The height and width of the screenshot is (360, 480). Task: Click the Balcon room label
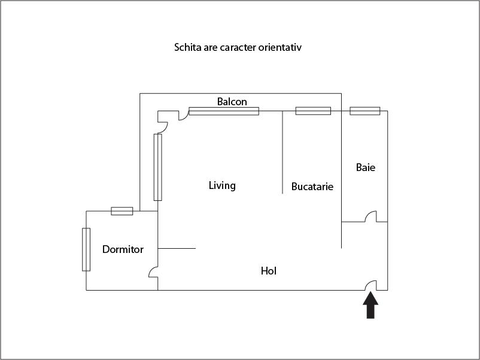coord(232,102)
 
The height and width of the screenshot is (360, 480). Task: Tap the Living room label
coord(222,185)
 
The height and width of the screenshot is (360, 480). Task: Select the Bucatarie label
coord(312,187)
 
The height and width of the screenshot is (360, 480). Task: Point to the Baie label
coord(366,167)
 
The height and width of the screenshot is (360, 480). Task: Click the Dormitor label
coord(123,249)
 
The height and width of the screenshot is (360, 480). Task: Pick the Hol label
coord(269,271)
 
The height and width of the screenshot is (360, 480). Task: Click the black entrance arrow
coord(371,305)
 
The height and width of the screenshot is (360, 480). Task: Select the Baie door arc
coord(370,216)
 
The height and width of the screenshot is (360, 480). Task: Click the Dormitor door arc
coord(153,272)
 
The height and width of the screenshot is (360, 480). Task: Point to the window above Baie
coord(364,111)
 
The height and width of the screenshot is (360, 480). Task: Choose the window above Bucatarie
coord(313,111)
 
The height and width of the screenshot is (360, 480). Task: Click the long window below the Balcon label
coord(224,111)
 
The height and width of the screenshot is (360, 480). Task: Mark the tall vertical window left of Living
coord(158,167)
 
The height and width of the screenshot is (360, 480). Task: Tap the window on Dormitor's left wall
coord(86,249)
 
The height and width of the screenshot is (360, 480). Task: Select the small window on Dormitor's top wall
coord(122,210)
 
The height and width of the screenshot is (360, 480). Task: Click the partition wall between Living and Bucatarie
coord(282,152)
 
